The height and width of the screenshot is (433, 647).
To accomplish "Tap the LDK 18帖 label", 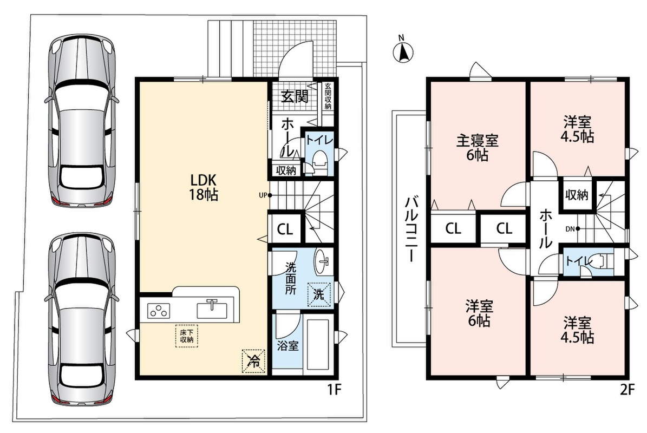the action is tap(203, 187).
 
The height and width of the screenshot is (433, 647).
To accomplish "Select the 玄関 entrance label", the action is tap(295, 96).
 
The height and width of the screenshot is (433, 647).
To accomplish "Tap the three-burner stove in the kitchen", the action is tap(159, 310).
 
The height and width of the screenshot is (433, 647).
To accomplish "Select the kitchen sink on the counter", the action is tap(212, 309).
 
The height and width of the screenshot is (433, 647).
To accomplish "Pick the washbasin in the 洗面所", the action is tap(322, 261).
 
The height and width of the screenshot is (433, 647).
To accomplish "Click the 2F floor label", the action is tap(627, 390).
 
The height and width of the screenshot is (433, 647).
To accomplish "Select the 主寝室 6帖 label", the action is tap(478, 147).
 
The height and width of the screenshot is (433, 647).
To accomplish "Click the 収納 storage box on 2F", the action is tap(577, 194).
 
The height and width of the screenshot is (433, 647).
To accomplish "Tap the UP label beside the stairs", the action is tap(263, 195).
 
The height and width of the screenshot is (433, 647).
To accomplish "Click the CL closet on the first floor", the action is tap(285, 228).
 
